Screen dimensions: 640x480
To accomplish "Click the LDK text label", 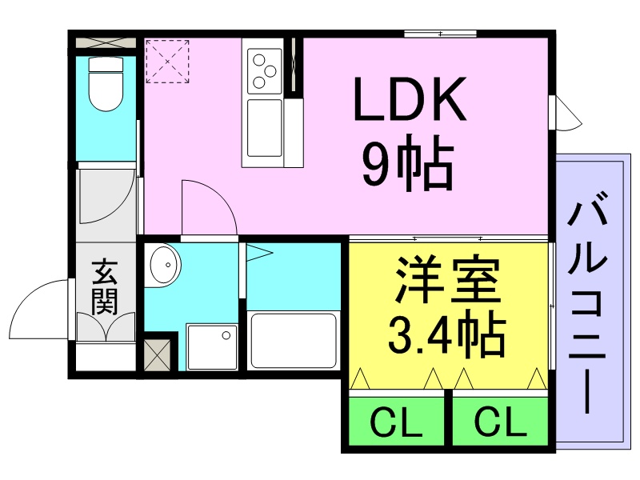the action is tap(410, 98).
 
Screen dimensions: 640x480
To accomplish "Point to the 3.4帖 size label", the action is tap(447, 334).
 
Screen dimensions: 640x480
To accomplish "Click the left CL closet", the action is tap(396, 421).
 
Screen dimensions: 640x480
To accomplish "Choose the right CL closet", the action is tap(501, 421).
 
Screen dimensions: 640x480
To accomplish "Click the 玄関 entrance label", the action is tap(105, 286).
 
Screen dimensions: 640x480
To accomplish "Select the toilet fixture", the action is tap(106, 84).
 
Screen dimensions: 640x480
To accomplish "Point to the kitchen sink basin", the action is tap(265, 128).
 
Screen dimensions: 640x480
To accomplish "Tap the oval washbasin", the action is tap(166, 265).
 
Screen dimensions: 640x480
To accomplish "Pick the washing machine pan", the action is tap(211, 346).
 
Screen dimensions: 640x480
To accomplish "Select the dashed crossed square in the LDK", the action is tap(167, 62).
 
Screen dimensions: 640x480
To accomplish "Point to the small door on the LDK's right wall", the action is tap(565, 113).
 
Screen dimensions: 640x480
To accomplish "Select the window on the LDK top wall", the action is tap(441, 34).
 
